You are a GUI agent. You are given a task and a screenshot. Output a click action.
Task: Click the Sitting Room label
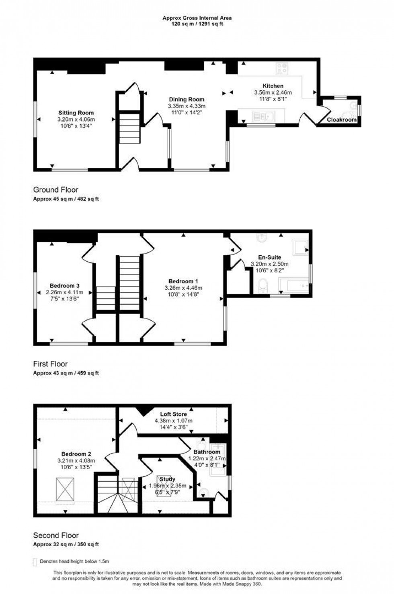point(76,113)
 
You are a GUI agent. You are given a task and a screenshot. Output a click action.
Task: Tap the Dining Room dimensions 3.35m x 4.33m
point(187,106)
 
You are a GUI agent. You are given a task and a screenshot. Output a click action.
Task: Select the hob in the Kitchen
point(281,69)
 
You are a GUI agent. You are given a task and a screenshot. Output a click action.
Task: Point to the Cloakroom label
point(342,120)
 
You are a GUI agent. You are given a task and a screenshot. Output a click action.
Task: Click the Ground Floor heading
point(55,189)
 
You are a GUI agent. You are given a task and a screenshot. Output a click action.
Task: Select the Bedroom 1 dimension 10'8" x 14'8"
point(183,294)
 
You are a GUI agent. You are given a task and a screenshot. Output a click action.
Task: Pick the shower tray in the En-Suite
point(300,248)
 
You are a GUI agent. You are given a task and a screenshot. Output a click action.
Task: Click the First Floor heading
point(50,364)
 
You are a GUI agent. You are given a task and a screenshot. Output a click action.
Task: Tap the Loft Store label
point(173,414)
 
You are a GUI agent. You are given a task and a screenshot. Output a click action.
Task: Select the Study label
point(167,479)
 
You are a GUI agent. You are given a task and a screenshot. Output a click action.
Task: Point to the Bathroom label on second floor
point(207,452)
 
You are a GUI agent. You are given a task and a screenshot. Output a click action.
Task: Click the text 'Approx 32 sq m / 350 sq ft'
point(66,544)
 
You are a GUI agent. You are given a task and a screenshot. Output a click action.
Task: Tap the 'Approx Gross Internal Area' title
point(197,18)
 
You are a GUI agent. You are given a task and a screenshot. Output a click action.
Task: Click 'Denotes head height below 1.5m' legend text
point(74,561)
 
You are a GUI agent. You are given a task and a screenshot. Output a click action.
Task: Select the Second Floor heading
point(56,535)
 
